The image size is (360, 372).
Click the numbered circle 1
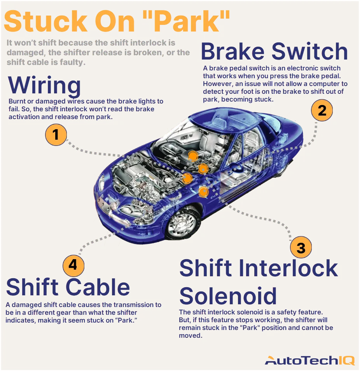pos(56,135)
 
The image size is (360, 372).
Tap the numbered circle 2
pos(322,111)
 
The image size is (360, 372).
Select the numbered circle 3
pos(301,248)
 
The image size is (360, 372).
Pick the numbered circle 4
pos(73,265)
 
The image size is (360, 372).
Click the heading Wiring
pos(44,85)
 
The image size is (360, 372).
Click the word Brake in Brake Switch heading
pos(233,51)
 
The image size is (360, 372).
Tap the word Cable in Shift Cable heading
pos(100,287)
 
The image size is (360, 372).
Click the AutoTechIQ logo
pos(309,361)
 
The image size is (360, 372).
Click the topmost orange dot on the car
pos(192,156)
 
